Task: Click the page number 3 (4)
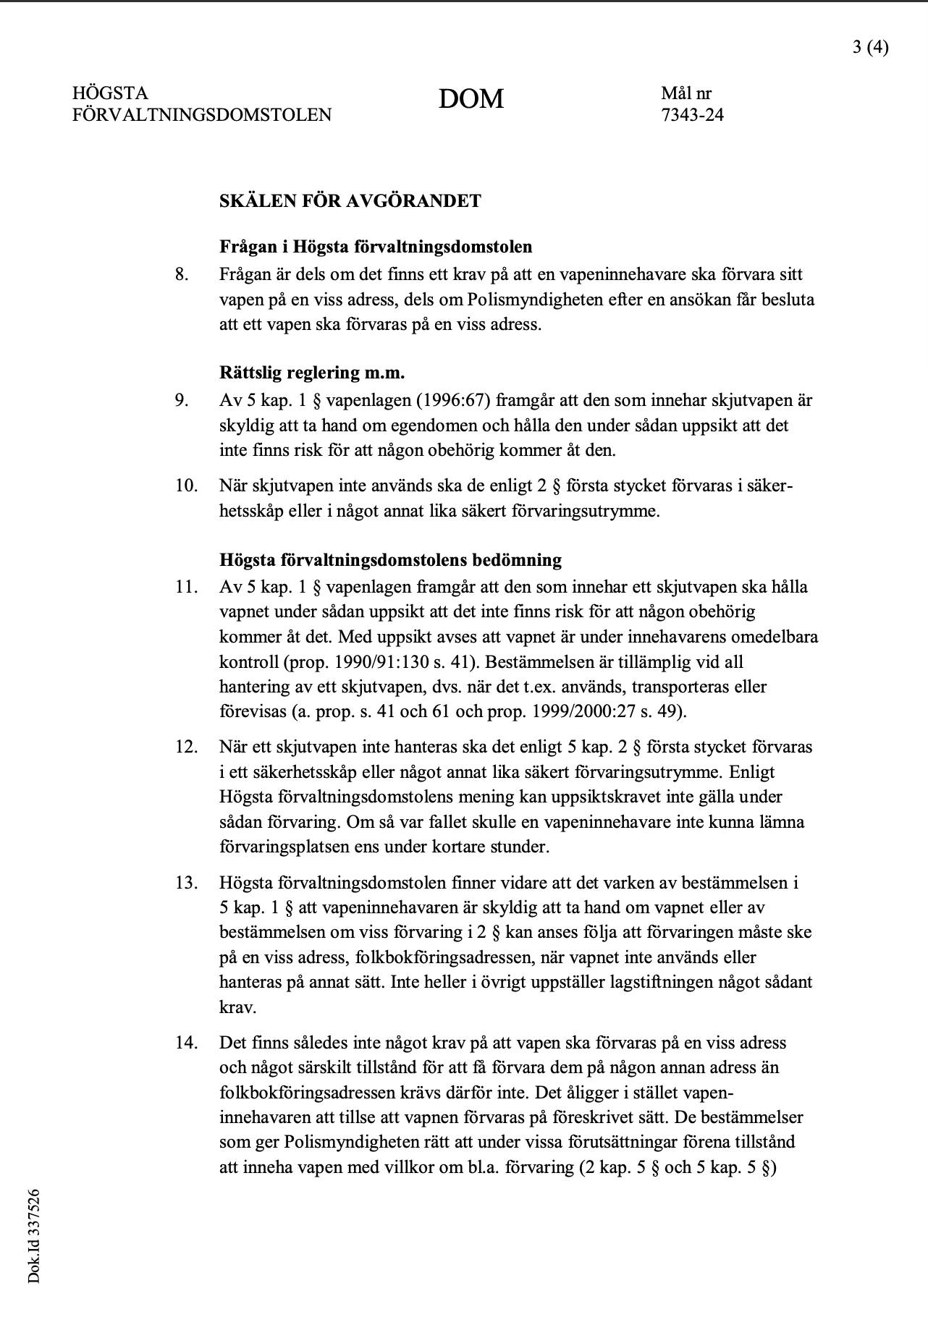pos(869,48)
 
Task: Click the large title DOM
pos(471,99)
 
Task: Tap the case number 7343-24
pos(692,115)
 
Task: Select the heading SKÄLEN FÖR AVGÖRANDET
pos(350,201)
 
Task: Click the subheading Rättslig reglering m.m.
pos(312,373)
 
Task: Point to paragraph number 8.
pos(182,275)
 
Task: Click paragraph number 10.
pos(186,486)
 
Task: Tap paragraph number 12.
pos(186,747)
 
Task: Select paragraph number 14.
pos(186,1043)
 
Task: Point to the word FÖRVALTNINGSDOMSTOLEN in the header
pos(202,115)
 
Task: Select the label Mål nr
pos(686,93)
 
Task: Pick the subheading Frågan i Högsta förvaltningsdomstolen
pos(376,247)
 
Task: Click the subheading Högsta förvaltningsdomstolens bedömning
pos(390,560)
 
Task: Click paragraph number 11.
pos(186,587)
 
